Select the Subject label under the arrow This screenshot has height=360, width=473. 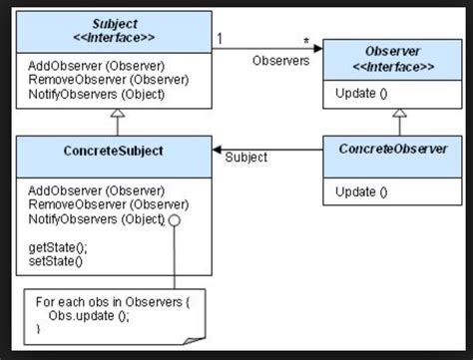click(x=245, y=158)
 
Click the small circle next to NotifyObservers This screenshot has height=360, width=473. click(x=175, y=218)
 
